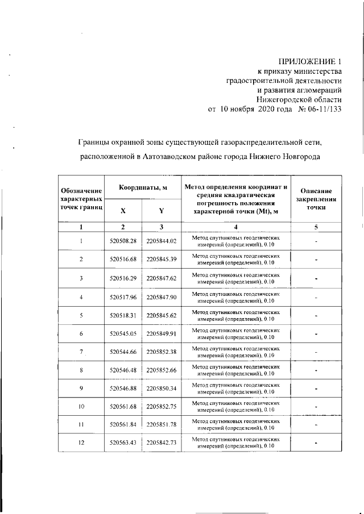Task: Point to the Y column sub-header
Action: (x=161, y=211)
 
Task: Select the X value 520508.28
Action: (x=123, y=241)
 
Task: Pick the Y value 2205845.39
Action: (x=162, y=260)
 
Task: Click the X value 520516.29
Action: (x=123, y=278)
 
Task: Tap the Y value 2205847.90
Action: (x=162, y=296)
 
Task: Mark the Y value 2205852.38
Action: (x=162, y=352)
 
